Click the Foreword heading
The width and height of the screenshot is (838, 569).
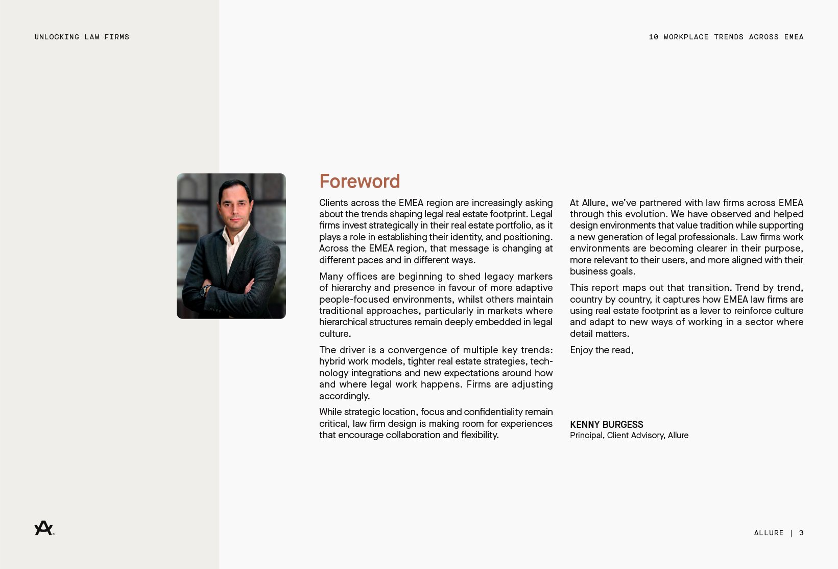click(360, 181)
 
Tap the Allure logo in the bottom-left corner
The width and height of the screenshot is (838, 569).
click(44, 528)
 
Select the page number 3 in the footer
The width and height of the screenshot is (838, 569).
click(801, 533)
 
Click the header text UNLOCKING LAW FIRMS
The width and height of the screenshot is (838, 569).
click(82, 37)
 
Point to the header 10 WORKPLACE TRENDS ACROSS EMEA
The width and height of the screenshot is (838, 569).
click(726, 37)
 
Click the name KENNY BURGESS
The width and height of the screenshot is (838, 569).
click(606, 425)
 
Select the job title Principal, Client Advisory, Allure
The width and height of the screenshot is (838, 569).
click(629, 436)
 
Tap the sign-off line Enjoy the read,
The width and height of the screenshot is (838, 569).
click(601, 350)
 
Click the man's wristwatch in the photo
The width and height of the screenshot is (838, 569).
click(205, 290)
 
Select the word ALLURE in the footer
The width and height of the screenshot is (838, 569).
click(769, 533)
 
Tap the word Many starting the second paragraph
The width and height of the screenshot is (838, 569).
click(331, 277)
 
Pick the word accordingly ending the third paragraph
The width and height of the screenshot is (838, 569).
click(344, 396)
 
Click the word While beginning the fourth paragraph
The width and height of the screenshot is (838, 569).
click(330, 412)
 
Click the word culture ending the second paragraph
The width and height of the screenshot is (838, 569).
click(334, 334)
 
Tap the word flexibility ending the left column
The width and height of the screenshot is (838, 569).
click(479, 435)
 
